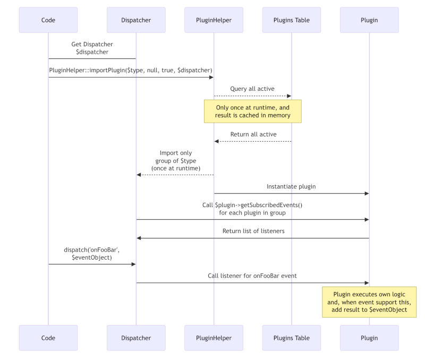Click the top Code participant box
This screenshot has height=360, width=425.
point(48,20)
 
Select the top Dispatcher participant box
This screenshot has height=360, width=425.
point(135,20)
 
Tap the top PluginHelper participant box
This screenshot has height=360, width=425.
point(214,20)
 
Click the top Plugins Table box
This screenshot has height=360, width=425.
point(292,20)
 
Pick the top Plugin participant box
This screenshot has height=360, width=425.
point(369,20)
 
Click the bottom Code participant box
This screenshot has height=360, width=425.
point(48,338)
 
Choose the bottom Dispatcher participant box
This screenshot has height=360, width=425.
point(135,338)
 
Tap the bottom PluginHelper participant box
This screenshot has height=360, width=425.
point(214,338)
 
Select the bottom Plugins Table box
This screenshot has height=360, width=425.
point(292,338)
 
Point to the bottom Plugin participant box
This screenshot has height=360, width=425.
point(369,338)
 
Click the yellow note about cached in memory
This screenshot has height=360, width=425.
point(252,112)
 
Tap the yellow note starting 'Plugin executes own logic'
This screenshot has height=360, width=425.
point(369,302)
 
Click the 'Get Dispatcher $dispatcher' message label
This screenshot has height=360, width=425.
point(92,48)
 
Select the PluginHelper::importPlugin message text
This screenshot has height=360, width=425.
point(131,70)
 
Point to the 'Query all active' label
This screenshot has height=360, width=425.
point(252,89)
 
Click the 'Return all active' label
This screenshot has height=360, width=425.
point(252,134)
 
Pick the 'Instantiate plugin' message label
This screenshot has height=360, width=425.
point(291,186)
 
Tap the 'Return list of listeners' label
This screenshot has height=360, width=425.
point(252,231)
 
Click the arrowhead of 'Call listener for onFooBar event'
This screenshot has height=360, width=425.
point(366,283)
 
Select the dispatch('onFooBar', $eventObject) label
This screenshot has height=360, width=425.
point(92,253)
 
